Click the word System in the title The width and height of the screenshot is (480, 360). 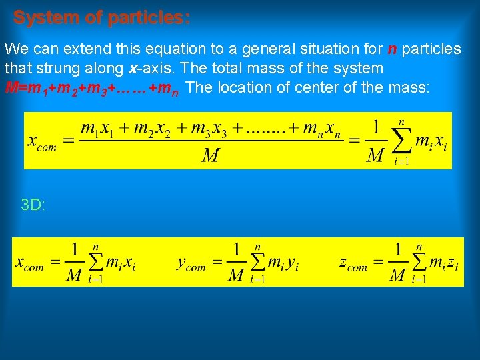click(x=43, y=17)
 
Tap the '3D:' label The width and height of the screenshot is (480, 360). click(x=33, y=205)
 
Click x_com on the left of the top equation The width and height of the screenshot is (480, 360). click(x=42, y=142)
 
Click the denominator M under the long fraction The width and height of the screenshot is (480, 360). click(x=211, y=156)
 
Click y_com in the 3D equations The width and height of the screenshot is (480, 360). click(x=191, y=264)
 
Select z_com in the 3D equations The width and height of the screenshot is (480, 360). click(x=353, y=264)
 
